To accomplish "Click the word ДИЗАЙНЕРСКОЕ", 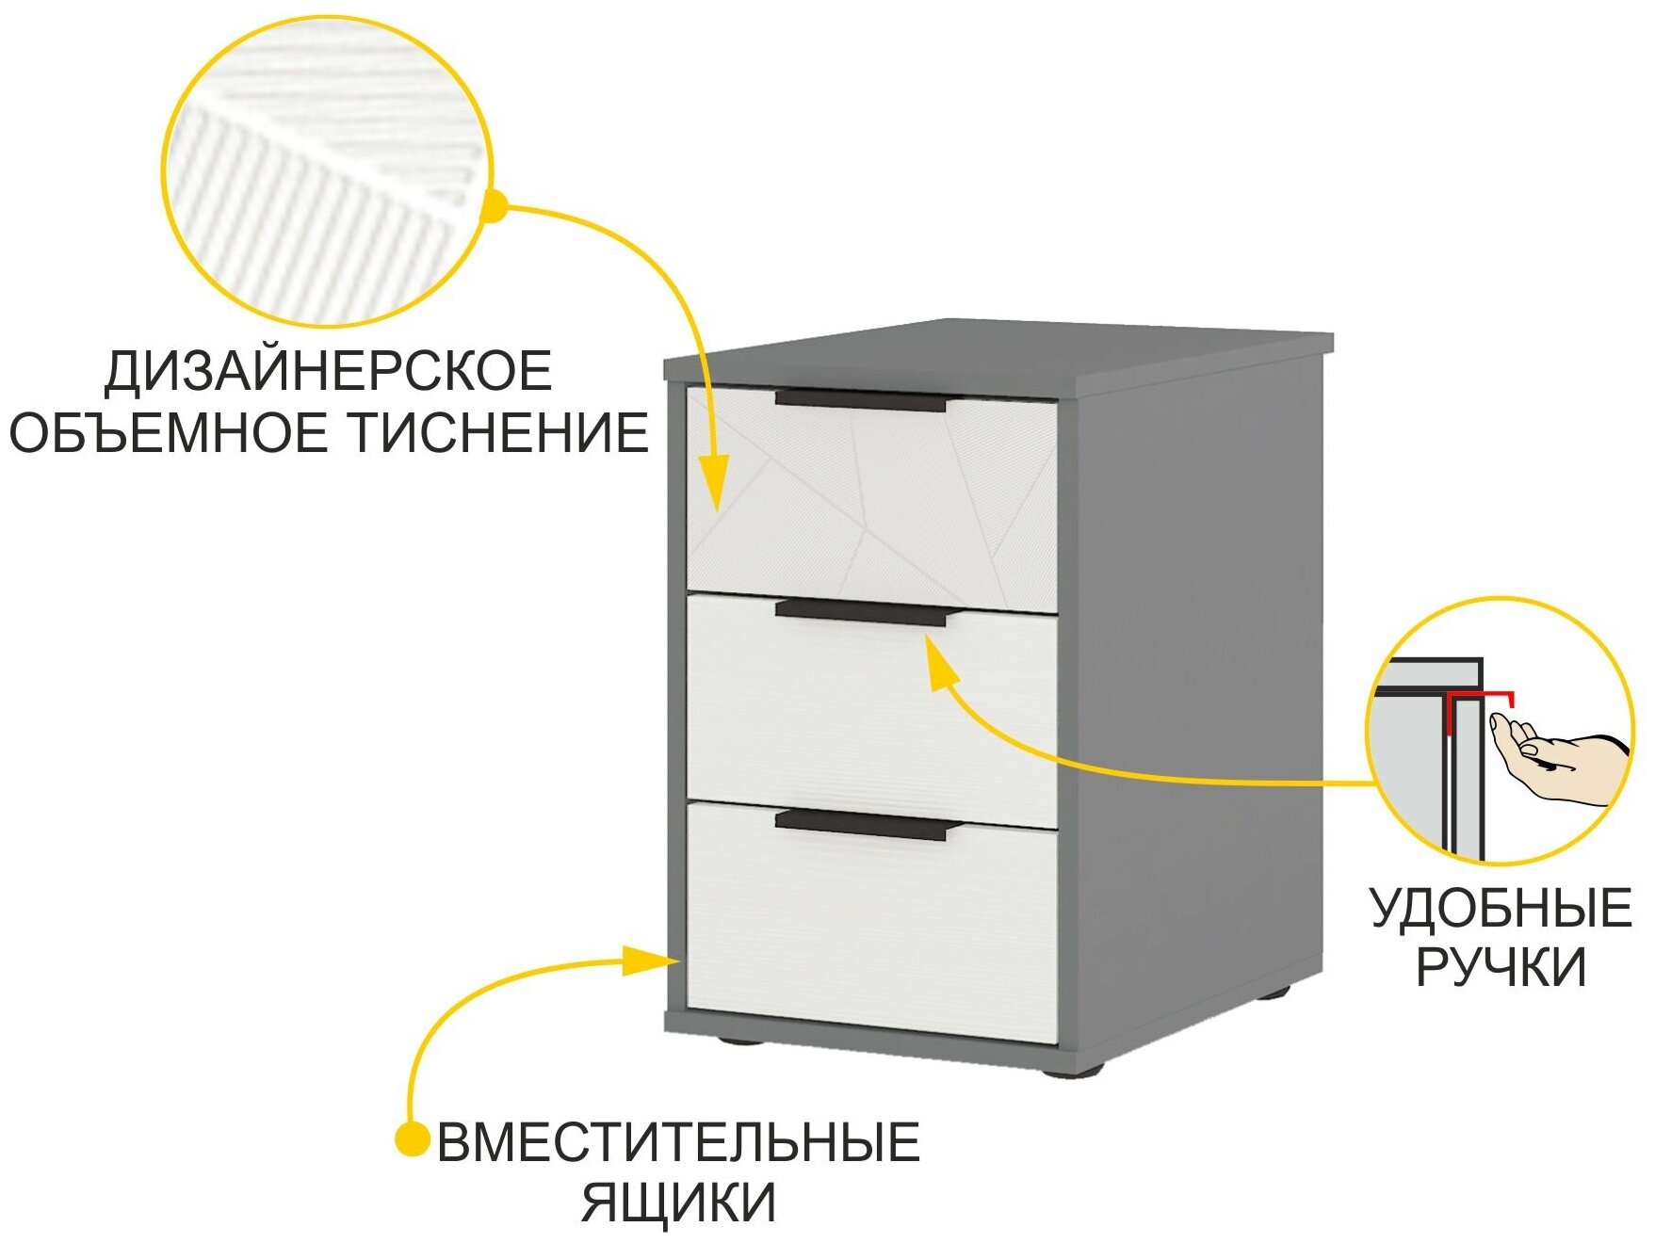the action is tap(327, 371).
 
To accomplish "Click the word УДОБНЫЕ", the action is tap(1501, 910).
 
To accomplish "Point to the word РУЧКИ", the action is tap(1501, 967).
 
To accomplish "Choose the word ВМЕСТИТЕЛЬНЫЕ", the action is tap(678, 1142).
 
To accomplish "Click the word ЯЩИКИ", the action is tap(678, 1202).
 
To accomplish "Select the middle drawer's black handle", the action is tap(860, 613).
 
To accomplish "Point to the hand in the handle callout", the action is tap(1554, 765).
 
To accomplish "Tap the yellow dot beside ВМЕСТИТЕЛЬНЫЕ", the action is tap(412, 1140).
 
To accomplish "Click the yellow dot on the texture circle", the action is tap(493, 206).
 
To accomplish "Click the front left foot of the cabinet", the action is tap(741, 1042).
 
